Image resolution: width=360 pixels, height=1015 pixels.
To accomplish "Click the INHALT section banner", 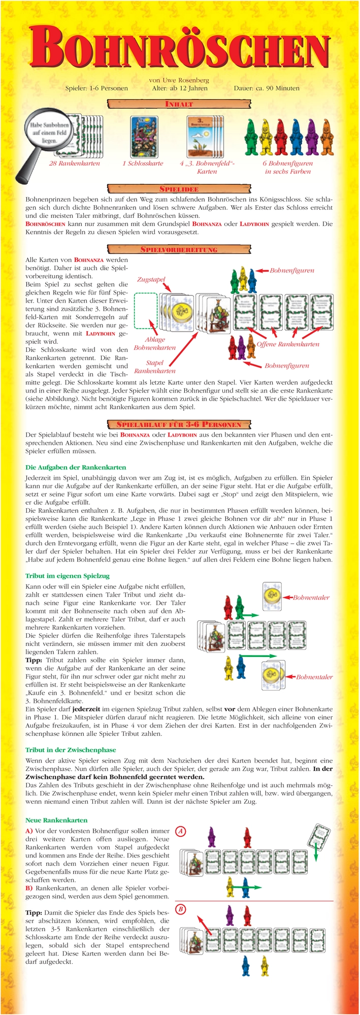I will (180, 104).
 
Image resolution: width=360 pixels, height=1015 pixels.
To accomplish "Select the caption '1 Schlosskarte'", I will (143, 163).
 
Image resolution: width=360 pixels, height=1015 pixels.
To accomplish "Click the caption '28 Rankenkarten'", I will (75, 163).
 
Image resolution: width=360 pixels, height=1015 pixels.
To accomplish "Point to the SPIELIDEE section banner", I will (180, 189).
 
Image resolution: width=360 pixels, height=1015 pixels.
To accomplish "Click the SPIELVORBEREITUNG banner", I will (180, 249).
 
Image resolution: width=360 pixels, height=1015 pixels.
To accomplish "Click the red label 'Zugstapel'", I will (151, 280).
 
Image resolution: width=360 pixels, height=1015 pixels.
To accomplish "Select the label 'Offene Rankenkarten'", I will (288, 344).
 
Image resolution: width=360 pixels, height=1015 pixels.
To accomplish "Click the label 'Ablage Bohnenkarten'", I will (155, 344).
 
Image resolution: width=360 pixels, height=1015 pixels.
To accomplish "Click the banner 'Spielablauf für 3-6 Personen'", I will (180, 424).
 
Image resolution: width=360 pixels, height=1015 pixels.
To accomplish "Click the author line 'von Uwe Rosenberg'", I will (179, 80).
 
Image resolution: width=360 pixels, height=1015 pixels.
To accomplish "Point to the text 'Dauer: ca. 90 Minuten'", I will (267, 88).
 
